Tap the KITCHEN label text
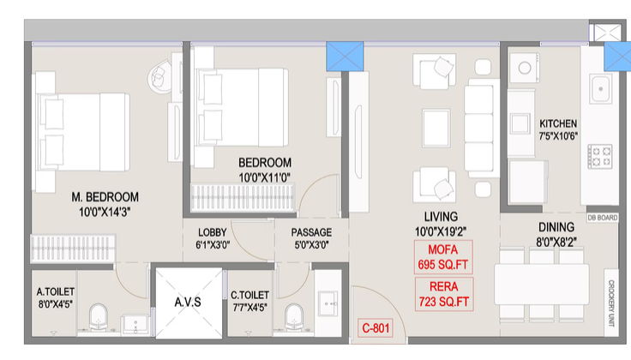558,123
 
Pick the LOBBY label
212,232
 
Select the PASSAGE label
311,232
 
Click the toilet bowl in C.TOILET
293,316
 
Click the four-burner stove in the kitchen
600,155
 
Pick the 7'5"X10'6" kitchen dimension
558,136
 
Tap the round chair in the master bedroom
160,78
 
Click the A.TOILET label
56,278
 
